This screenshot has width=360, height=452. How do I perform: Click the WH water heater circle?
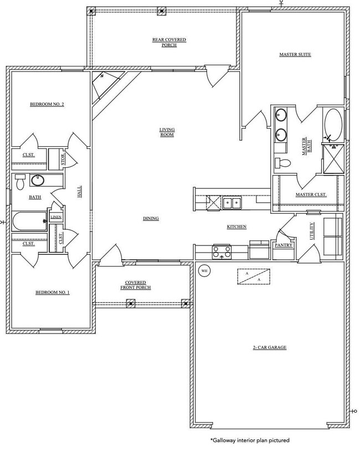pos(204,271)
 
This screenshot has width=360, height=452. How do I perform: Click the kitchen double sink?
pos(232,203)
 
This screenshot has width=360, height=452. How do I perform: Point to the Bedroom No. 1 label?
pos(53,292)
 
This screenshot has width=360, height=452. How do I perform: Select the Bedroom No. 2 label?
pos(47,104)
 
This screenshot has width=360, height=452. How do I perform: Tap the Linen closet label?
pos(56,217)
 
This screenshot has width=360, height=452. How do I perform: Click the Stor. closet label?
pos(63,160)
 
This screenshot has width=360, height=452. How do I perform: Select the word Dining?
pos(151,218)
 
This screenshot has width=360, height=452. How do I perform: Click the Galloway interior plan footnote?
pos(249,440)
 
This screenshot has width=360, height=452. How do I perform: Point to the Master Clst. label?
pos(311,194)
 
